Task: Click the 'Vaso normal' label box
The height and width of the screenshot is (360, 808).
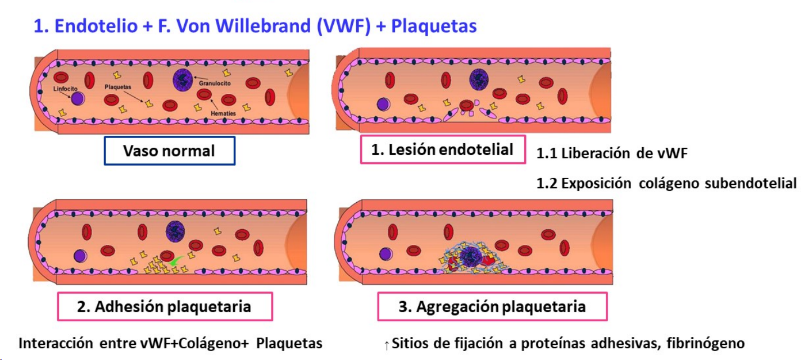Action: point(169,151)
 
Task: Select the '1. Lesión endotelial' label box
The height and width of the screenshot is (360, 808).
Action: point(442,149)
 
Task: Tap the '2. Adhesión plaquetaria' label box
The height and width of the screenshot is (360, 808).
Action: point(165,307)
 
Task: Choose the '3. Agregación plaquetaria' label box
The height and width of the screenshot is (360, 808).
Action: point(492,307)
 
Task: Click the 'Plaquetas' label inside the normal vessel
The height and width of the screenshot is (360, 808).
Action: point(118,88)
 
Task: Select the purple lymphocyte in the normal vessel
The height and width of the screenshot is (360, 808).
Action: point(77,99)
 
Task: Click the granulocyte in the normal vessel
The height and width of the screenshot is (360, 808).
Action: point(183,80)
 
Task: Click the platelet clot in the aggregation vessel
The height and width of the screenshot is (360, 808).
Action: point(469,258)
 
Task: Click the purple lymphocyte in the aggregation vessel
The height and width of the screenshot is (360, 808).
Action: point(385,254)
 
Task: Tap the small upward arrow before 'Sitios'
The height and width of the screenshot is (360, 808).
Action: point(387,344)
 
